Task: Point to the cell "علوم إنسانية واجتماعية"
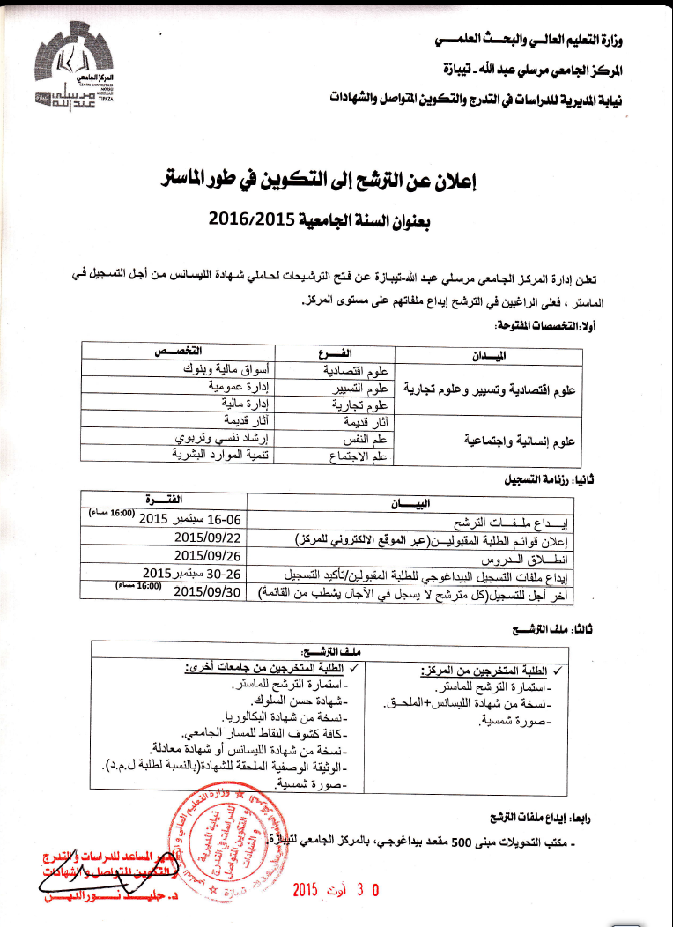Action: tap(519, 438)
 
